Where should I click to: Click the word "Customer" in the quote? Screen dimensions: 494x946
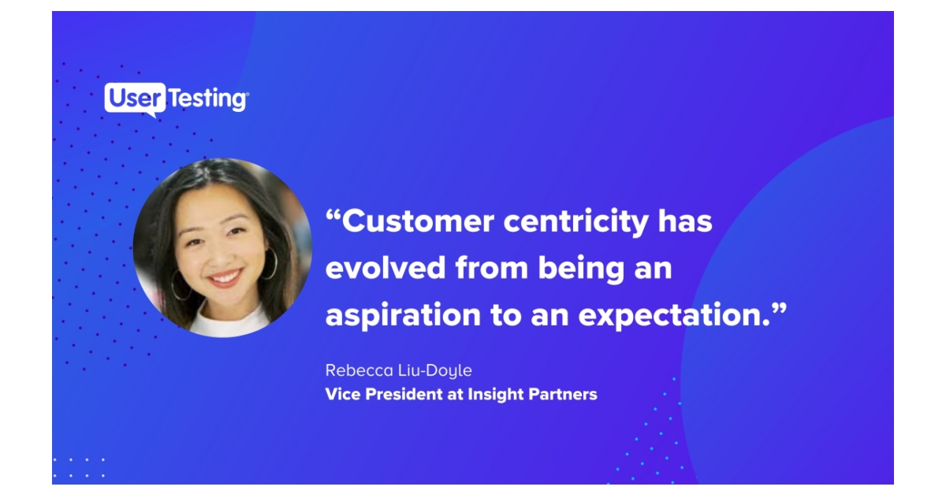(418, 222)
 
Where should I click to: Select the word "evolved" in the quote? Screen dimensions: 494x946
(385, 268)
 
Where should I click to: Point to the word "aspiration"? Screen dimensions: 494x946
(403, 315)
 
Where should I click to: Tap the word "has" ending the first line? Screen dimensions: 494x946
(685, 222)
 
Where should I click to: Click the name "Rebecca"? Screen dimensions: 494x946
(356, 370)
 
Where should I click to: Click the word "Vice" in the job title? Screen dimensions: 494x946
(341, 394)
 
